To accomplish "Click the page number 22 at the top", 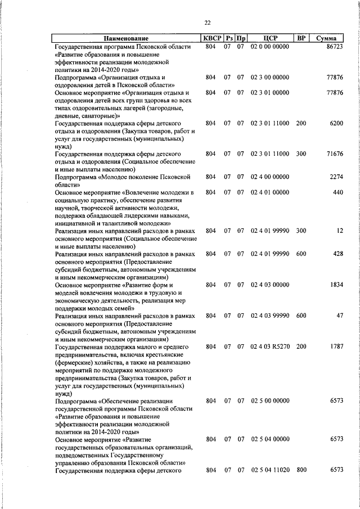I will (207, 22).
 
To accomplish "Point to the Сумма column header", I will (326, 38).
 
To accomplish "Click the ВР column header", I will (301, 38).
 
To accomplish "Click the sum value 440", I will (337, 192).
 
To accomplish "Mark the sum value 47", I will (340, 316).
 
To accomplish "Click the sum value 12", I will (340, 231).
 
